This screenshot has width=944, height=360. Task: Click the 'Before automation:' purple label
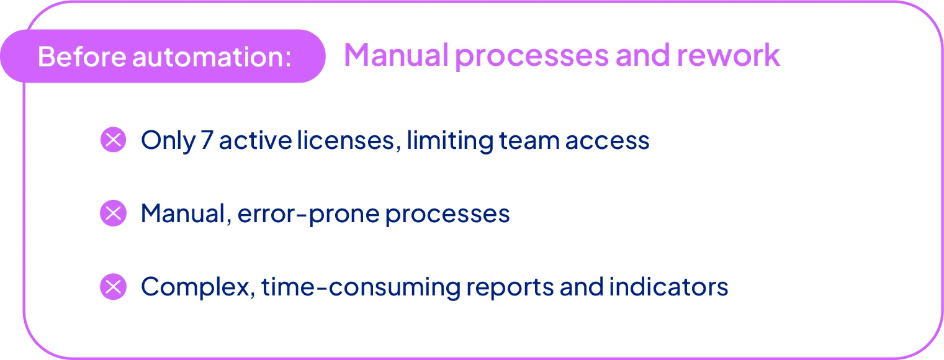click(x=164, y=56)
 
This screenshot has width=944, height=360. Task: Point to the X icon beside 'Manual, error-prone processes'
click(x=113, y=214)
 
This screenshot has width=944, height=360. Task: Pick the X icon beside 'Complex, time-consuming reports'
click(x=113, y=287)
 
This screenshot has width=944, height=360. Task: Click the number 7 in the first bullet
click(x=207, y=140)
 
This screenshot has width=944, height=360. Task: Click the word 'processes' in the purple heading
click(x=531, y=55)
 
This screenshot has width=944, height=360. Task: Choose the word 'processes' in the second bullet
click(x=447, y=214)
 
